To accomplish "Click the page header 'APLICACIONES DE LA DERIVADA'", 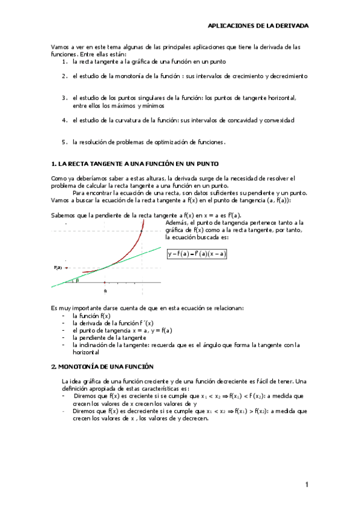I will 258,26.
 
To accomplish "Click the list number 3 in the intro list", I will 64,97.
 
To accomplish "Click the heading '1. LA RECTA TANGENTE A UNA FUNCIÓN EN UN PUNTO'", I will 135,164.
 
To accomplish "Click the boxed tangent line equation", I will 197,254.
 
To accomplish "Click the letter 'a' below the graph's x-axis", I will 105,290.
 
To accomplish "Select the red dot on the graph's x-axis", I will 105,282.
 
